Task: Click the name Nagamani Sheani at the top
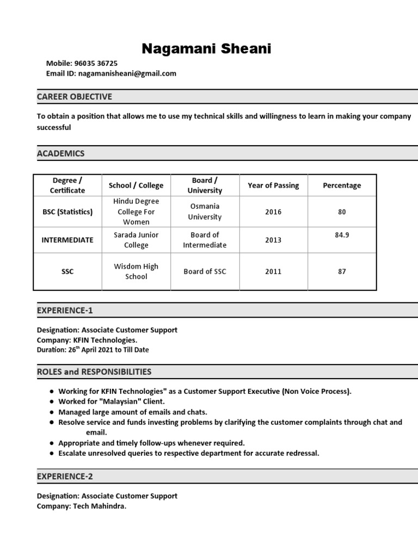[206, 49]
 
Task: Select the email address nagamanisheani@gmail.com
[127, 73]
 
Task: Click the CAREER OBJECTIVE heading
[75, 97]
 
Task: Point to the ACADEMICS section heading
[61, 153]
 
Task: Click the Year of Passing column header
[273, 185]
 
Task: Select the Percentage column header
[342, 185]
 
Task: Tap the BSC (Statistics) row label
[67, 212]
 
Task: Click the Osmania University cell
[205, 212]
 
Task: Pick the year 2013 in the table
[273, 240]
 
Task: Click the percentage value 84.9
[342, 235]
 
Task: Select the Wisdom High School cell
[136, 271]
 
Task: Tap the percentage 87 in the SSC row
[342, 271]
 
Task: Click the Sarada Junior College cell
[136, 240]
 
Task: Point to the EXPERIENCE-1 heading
[65, 311]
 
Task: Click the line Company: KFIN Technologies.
[87, 340]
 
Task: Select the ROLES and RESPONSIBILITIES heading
[94, 372]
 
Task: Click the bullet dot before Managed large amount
[51, 412]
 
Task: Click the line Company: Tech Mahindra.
[82, 506]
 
